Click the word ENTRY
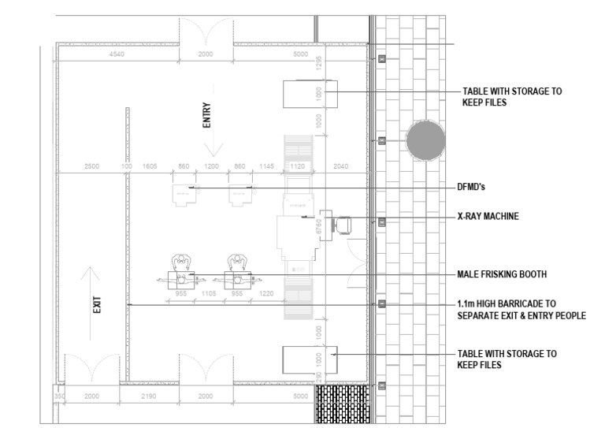207,115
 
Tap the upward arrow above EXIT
92,277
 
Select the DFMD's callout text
475,188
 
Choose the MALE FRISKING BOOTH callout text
501,274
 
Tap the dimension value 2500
92,167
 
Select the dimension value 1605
150,167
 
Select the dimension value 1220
268,293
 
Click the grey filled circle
425,140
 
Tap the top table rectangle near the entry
310,94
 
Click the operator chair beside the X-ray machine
344,226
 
